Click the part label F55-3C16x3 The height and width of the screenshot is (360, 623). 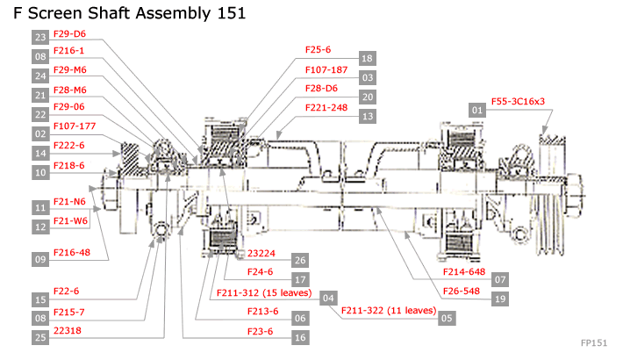pos(518,102)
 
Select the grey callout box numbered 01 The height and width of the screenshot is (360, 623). pos(478,111)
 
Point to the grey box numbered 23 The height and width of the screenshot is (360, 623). pos(40,38)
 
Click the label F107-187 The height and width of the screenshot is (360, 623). pos(326,69)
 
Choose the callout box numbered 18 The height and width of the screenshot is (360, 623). pos(367,58)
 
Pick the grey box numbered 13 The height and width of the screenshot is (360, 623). pos(367,116)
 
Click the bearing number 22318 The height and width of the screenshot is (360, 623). pos(67,332)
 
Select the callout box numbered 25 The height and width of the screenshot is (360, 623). pos(40,337)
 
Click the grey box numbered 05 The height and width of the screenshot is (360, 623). pos(448,318)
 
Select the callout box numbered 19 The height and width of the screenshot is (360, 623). pos(501,299)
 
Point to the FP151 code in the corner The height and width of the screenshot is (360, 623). pos(593,342)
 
